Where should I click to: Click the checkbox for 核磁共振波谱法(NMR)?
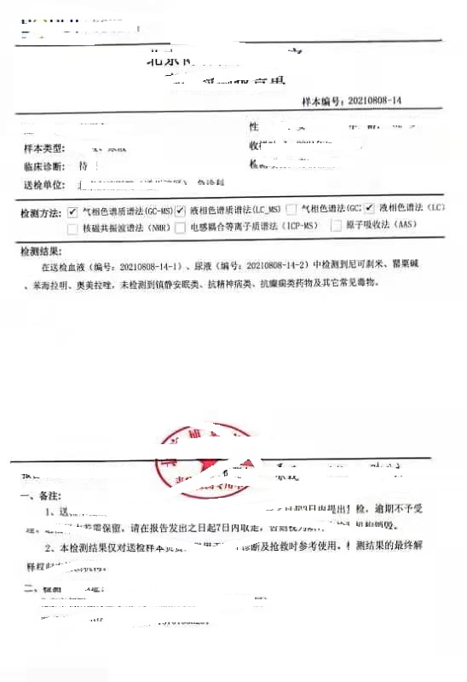pos(72,228)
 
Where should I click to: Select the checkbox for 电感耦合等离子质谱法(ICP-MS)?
pos(180,227)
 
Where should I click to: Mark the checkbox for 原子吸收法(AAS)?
pos(337,226)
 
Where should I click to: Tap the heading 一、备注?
pos(37,494)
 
